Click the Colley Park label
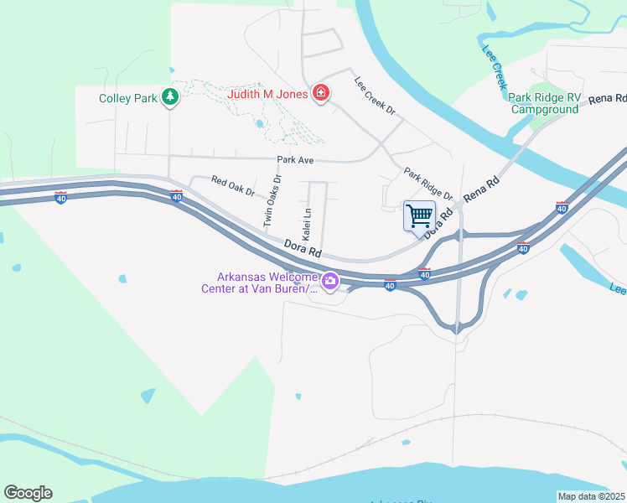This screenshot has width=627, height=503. (128, 98)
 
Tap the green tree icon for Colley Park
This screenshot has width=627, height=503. (171, 98)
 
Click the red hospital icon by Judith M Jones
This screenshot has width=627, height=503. (320, 93)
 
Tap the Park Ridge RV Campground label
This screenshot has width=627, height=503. (545, 104)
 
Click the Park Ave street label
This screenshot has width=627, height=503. (294, 159)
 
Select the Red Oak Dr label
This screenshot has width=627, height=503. (233, 186)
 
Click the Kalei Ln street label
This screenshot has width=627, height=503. (307, 222)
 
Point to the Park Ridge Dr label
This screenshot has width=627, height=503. (427, 184)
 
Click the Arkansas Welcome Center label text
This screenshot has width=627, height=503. (259, 283)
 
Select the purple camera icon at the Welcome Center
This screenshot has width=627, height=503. (330, 283)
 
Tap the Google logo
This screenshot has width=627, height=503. (28, 493)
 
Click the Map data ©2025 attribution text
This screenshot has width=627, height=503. (591, 496)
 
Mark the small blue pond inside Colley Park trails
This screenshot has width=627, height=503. (260, 125)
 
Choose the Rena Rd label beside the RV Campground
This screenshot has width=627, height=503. (608, 99)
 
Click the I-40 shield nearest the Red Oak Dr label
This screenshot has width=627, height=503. (176, 196)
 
